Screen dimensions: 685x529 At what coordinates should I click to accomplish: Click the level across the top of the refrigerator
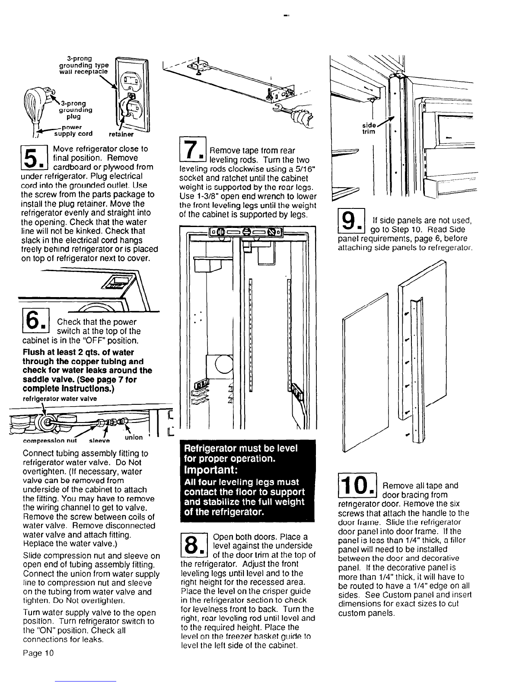tap(245, 233)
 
